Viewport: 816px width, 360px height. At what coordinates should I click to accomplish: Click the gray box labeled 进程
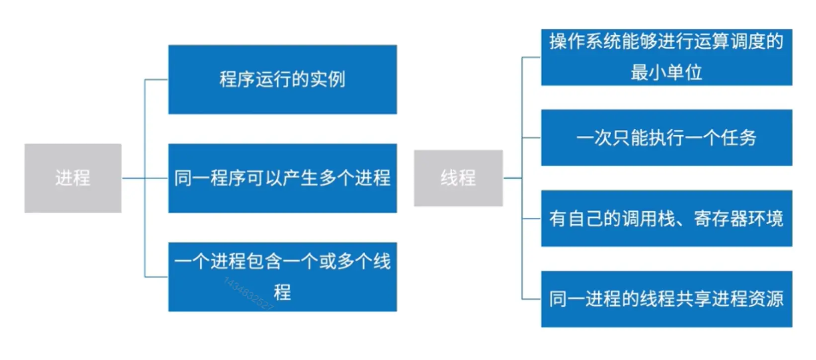tap(73, 178)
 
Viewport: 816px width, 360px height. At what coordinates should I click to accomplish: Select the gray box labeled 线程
tap(458, 178)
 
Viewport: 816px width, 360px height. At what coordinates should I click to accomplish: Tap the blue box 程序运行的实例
tap(282, 80)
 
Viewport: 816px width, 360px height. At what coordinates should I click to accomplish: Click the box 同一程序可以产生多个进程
tap(282, 178)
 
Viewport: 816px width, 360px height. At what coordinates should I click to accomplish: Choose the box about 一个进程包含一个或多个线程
tap(282, 276)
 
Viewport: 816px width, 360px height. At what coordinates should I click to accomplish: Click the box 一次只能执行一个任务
tap(666, 138)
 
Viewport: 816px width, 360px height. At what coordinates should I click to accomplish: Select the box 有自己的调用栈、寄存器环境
tap(666, 218)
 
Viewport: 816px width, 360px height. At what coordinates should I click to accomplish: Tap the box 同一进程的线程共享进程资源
tap(666, 299)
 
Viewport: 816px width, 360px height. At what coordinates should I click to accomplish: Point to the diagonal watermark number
tap(248, 294)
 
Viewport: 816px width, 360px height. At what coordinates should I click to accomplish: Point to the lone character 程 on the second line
tap(282, 292)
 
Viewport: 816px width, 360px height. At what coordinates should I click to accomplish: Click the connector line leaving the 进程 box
tap(133, 178)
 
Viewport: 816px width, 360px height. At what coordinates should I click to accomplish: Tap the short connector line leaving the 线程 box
tap(512, 178)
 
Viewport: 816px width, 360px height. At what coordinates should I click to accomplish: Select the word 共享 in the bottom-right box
tap(693, 299)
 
